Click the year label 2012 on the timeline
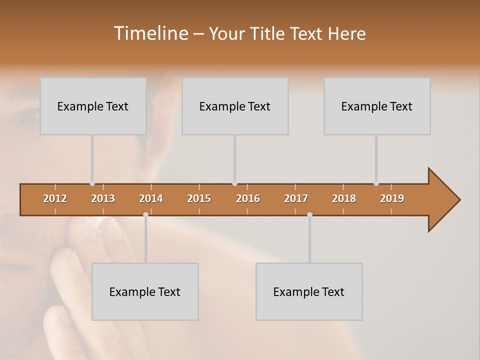click(55, 198)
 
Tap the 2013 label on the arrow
click(103, 198)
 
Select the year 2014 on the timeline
click(151, 198)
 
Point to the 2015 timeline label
click(199, 198)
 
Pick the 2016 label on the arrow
click(248, 198)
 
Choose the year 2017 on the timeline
click(296, 198)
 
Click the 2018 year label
click(344, 198)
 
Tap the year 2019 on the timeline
click(392, 198)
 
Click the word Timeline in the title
click(150, 33)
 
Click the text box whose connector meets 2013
click(93, 106)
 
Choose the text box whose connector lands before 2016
click(235, 106)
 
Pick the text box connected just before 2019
click(377, 106)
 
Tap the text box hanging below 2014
click(145, 291)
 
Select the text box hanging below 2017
click(309, 291)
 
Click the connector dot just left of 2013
click(92, 183)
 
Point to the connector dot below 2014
click(145, 214)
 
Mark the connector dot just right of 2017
click(309, 214)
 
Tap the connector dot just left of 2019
click(376, 183)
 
